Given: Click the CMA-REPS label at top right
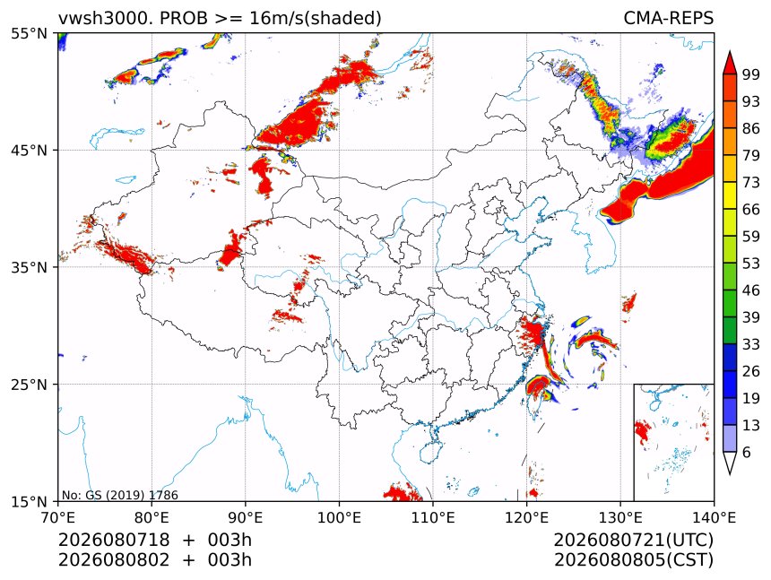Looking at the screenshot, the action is (668, 18).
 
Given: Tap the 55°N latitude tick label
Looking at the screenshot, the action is (29, 33).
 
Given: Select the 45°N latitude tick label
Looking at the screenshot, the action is (29, 150).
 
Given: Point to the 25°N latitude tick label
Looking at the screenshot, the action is (29, 384).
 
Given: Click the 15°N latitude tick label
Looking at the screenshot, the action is (29, 501).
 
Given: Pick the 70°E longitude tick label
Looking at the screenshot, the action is (58, 517).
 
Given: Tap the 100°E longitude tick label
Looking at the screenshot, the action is (339, 517).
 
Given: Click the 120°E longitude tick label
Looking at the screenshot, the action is (526, 517).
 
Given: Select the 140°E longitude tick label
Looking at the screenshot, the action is (713, 517).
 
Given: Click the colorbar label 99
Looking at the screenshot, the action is (751, 74).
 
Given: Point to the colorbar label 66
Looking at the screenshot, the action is (751, 210).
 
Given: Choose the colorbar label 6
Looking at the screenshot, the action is (747, 452).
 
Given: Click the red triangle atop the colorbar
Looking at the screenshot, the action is (730, 63).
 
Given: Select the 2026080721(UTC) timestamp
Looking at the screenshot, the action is (633, 540).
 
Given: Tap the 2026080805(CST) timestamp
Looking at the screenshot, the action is (633, 560).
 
